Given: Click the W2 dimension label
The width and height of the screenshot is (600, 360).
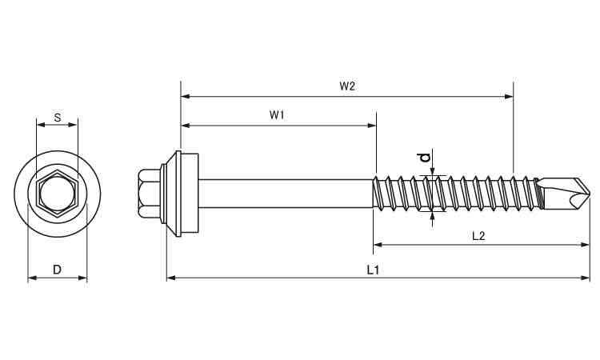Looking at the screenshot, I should (346, 86).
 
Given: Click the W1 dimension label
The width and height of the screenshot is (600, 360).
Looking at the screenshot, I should (277, 115).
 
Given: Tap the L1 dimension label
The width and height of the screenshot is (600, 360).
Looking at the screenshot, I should (373, 270).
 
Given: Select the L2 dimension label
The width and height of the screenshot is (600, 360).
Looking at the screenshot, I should (478, 235).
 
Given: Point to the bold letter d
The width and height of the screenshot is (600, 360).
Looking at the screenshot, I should (426, 158).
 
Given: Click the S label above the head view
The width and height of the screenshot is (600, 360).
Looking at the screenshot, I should (57, 117).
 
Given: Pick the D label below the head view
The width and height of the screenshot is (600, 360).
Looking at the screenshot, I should (57, 270).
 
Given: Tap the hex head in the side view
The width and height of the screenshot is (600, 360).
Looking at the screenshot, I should (148, 192).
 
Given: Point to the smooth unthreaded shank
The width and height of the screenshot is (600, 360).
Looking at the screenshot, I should (284, 192).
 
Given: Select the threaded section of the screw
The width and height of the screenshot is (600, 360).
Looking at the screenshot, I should (452, 192).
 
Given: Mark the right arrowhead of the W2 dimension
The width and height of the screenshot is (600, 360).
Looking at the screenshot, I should (510, 96).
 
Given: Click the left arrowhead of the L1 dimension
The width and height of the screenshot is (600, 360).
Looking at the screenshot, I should (170, 278).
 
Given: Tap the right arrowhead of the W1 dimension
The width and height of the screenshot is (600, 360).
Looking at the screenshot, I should (372, 125).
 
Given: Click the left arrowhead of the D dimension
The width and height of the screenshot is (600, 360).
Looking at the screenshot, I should (31, 278).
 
